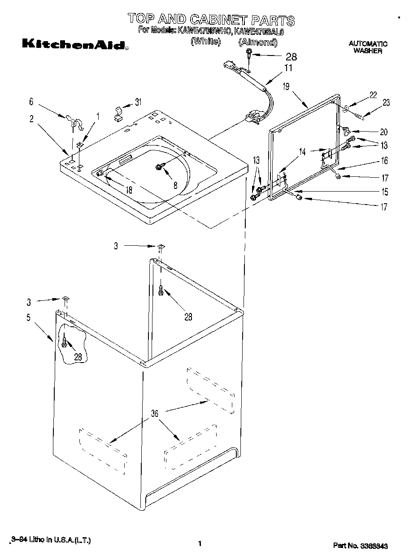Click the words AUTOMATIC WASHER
368,47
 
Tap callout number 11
288,68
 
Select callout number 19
286,87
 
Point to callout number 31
138,102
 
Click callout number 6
31,102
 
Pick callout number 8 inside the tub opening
175,184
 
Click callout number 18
129,190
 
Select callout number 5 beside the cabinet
28,318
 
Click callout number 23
386,103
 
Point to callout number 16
384,161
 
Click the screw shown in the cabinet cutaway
65,343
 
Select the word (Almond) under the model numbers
257,42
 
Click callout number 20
384,132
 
